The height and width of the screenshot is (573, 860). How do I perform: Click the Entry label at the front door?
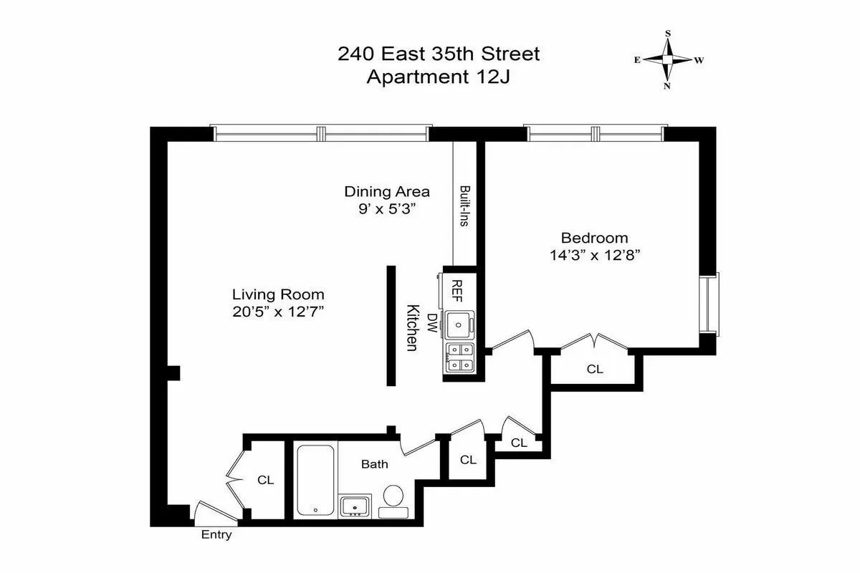[216, 534]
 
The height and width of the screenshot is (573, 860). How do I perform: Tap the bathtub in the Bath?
[315, 480]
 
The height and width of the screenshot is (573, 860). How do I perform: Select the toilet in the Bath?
[393, 496]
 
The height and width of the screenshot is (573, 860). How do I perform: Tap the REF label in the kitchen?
[457, 290]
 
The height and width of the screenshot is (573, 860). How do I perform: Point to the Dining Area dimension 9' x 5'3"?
[387, 208]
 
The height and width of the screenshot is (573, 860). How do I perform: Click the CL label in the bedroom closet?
[595, 370]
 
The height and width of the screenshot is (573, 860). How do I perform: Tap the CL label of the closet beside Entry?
[266, 480]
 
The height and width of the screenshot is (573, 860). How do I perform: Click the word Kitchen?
[412, 328]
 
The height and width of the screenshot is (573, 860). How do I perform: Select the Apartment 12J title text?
[439, 77]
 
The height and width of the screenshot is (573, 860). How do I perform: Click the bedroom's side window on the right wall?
[711, 303]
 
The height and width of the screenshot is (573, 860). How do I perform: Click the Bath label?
[374, 464]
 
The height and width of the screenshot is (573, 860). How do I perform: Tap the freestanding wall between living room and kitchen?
[391, 326]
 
